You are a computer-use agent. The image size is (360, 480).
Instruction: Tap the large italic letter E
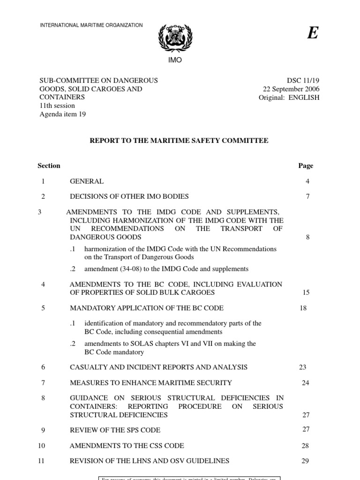pyautogui.click(x=312, y=33)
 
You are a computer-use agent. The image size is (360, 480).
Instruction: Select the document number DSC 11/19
pyautogui.click(x=302, y=80)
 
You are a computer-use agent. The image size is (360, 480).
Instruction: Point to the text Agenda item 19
pyautogui.click(x=62, y=114)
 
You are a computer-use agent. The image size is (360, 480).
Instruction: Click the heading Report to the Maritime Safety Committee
pyautogui.click(x=180, y=141)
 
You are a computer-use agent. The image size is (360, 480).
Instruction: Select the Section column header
pyautogui.click(x=49, y=165)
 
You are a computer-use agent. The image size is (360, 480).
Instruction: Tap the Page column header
pyautogui.click(x=306, y=165)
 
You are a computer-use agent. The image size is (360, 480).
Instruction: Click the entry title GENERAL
pyautogui.click(x=87, y=181)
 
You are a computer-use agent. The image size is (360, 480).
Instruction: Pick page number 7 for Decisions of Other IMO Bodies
pyautogui.click(x=307, y=196)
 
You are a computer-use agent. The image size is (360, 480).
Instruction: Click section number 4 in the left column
pyautogui.click(x=43, y=284)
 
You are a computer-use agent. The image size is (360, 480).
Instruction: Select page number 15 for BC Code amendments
pyautogui.click(x=307, y=292)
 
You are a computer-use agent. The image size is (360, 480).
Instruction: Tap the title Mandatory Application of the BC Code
pyautogui.click(x=146, y=308)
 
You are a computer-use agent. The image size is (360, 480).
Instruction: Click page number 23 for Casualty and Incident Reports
pyautogui.click(x=302, y=367)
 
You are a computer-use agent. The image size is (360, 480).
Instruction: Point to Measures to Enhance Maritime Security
pyautogui.click(x=150, y=382)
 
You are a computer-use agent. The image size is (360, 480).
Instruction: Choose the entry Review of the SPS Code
pyautogui.click(x=115, y=430)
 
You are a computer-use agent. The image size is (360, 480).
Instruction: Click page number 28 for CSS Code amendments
pyautogui.click(x=305, y=445)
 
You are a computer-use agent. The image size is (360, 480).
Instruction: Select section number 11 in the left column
pyautogui.click(x=41, y=461)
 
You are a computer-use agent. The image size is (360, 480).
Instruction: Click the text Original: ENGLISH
pyautogui.click(x=289, y=97)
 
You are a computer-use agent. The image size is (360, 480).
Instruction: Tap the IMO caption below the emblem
pyautogui.click(x=174, y=60)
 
